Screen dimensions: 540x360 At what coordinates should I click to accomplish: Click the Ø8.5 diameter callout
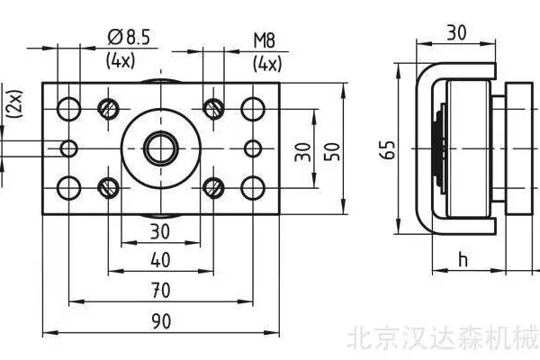[129, 37]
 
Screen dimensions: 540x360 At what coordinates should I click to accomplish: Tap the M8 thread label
[265, 40]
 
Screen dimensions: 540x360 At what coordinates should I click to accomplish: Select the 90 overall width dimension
[161, 321]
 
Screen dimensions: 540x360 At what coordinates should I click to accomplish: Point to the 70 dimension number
[161, 291]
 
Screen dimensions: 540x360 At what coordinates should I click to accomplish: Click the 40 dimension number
[160, 260]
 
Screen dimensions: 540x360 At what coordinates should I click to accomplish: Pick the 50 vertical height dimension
[332, 151]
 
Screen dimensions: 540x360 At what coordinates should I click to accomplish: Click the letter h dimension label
[463, 259]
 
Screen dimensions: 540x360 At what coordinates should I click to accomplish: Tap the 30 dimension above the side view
[456, 32]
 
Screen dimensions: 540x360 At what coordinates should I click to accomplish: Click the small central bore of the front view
[161, 148]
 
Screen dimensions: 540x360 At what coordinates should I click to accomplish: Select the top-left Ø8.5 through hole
[69, 109]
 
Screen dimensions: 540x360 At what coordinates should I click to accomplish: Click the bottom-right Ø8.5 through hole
[253, 188]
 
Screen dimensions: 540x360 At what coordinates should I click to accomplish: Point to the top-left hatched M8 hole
[109, 109]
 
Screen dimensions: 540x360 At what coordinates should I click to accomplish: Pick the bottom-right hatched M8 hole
[213, 188]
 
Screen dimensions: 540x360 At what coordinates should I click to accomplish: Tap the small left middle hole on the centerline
[69, 148]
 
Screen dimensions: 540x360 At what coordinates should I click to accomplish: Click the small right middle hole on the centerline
[253, 148]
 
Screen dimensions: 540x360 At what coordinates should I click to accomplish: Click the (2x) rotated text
[16, 104]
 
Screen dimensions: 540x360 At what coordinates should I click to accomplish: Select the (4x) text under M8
[267, 64]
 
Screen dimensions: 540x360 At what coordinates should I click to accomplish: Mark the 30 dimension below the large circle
[160, 231]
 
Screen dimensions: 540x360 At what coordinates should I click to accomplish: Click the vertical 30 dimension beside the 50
[302, 152]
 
